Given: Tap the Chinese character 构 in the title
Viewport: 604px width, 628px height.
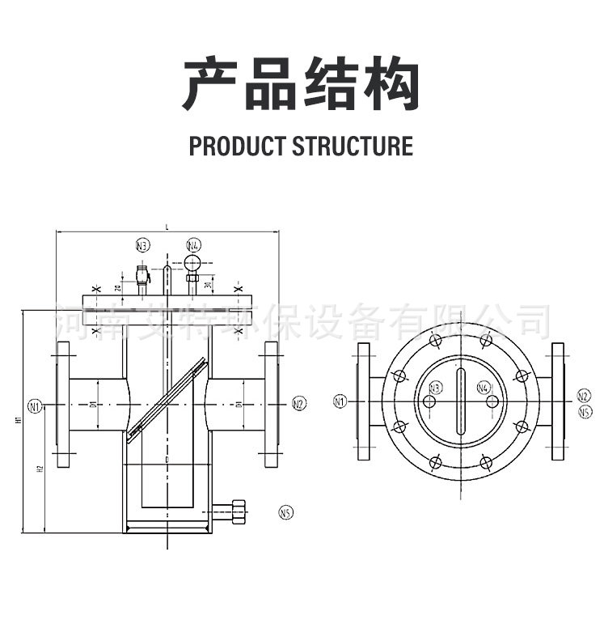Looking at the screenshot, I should tap(392, 84).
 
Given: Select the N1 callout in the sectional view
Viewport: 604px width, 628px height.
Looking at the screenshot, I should tap(34, 405).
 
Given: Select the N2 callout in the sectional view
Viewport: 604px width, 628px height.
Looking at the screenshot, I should tap(298, 404).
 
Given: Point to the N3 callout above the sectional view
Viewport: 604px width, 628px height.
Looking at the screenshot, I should tap(143, 245).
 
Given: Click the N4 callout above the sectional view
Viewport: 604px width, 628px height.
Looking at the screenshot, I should tap(194, 244).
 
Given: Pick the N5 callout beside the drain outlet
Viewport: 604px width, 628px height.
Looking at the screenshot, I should tap(286, 511).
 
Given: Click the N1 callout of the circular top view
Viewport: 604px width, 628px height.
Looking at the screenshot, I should tap(340, 401).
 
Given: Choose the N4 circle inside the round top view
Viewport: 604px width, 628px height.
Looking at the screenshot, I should tap(484, 388).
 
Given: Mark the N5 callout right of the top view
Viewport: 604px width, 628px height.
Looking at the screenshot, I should tap(585, 411).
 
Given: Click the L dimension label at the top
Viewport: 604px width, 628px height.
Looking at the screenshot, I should tap(167, 227).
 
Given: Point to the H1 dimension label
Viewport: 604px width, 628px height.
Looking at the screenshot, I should tap(17, 421).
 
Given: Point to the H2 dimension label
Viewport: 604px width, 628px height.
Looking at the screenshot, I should tap(39, 469).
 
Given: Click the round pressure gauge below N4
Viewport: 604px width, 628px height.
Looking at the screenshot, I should tap(193, 262).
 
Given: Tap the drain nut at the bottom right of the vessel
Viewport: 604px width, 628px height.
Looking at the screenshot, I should tap(239, 511).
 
